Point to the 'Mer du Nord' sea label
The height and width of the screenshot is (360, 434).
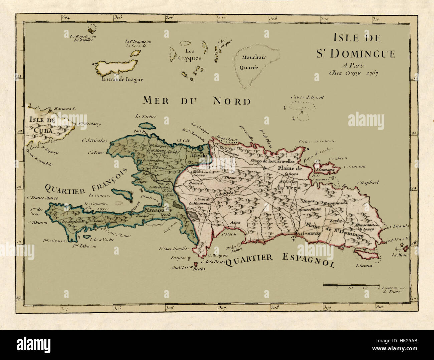[x=197, y=100]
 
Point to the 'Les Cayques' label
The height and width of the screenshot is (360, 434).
[x=189, y=55]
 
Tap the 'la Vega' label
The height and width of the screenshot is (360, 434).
[x=289, y=188]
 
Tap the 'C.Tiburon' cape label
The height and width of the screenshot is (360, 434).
[x=37, y=223]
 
